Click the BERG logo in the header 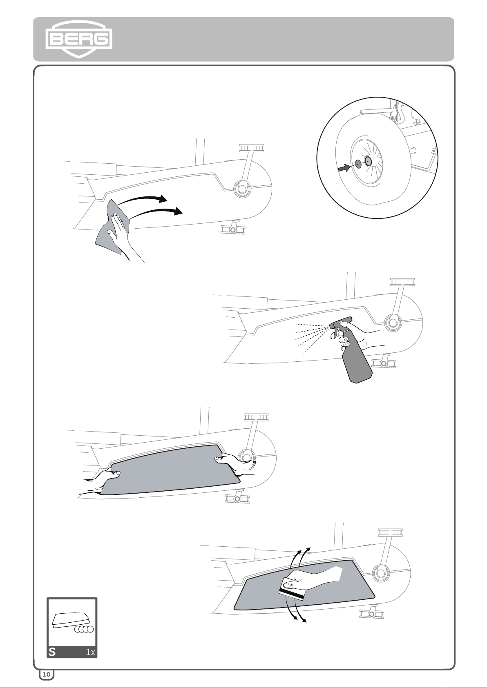coord(78,39)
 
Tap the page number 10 coord(47,674)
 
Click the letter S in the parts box coord(52,652)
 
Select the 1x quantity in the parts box coord(90,652)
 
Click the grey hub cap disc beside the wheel coord(358,164)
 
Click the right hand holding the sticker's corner coord(236,464)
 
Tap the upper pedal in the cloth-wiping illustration coord(252,148)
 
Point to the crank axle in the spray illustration coord(393,322)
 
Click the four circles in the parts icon coord(85,629)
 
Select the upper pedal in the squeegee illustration coord(390,532)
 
